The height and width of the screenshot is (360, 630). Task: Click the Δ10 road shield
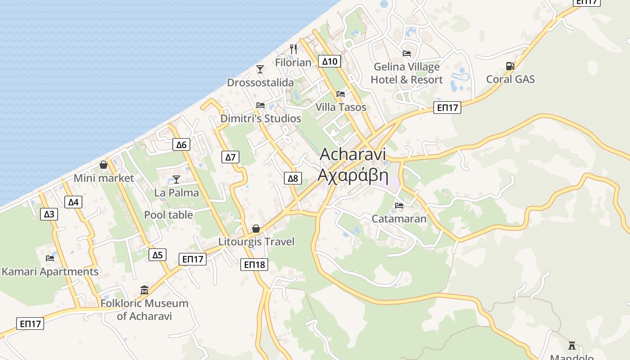point(329,61)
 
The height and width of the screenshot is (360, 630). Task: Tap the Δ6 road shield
point(181,144)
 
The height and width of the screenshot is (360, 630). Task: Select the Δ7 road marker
point(230,157)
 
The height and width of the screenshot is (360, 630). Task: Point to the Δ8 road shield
point(293,178)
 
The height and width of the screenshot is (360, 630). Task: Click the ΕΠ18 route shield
point(254,265)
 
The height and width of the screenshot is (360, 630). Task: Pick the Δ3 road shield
point(49,214)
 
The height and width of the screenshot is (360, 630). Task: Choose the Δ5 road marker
point(157,255)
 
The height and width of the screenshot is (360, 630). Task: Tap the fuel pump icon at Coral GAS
point(510,66)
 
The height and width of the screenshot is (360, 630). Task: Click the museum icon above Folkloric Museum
point(144,290)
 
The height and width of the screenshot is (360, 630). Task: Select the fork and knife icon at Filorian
point(293,49)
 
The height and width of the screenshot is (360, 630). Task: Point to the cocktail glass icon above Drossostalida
point(260,69)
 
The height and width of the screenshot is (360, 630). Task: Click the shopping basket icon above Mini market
point(103,165)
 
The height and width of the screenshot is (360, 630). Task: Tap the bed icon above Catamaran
point(399,206)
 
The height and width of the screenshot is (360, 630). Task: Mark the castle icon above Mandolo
point(572,345)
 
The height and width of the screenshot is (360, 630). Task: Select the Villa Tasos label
point(341,107)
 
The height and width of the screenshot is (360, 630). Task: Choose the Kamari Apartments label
point(50,272)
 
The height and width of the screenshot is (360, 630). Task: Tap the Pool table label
point(168,215)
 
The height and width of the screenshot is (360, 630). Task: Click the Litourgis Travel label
point(256,242)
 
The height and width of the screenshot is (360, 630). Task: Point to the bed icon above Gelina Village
point(407,54)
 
